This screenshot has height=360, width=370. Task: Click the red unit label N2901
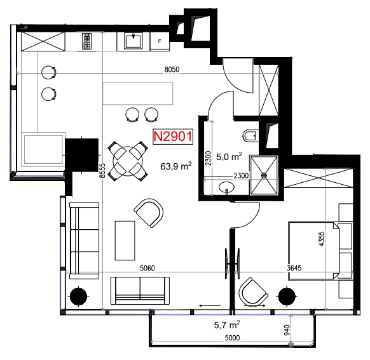coord(173,137)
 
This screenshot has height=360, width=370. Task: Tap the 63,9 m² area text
coord(176,166)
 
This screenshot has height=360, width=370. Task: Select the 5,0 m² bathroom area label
coord(229,157)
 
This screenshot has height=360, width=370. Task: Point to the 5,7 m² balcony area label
coord(227,325)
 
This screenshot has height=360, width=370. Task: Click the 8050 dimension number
coord(172,69)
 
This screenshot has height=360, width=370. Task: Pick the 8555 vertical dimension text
coord(102,171)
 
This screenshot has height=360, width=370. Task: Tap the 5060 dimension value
coord(147,268)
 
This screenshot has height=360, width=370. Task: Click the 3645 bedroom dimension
coord(294,268)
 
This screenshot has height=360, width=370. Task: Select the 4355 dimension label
coord(322,239)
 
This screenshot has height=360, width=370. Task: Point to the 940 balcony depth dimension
coord(287,330)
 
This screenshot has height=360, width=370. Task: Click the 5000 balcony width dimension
coord(232,338)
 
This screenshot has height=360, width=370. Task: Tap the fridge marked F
coord(160,41)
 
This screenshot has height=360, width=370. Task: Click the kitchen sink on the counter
coord(134,41)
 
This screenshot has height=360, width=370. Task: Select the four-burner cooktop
coord(87,41)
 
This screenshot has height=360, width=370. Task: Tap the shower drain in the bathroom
coord(264,175)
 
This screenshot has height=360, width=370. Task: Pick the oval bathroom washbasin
coord(226,187)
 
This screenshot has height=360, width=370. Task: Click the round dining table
coord(128,161)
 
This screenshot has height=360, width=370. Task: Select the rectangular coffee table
coord(125,241)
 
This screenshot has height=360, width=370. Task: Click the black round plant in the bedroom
coord(287,297)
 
